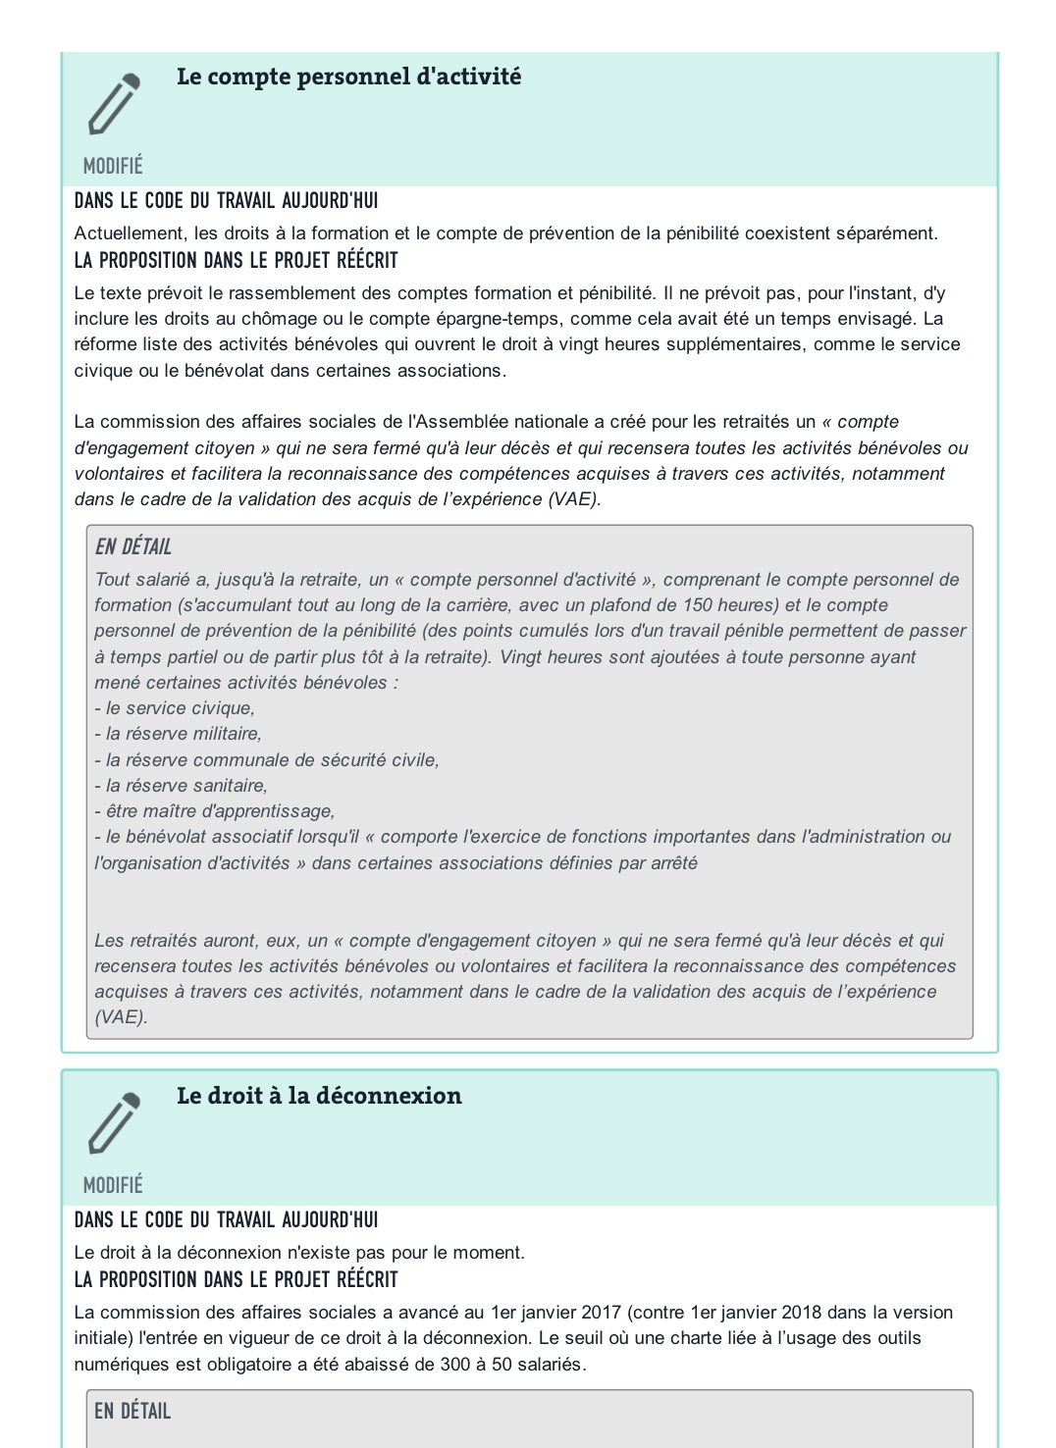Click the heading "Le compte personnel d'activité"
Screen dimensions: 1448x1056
[348, 77]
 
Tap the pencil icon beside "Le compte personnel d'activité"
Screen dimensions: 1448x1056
[114, 104]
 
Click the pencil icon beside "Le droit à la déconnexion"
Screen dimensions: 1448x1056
[114, 1122]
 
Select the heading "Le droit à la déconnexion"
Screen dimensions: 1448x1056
[319, 1096]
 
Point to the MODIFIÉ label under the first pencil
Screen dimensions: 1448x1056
[113, 166]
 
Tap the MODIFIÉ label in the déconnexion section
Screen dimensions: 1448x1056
[113, 1185]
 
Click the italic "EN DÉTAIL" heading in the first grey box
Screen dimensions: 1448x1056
[133, 547]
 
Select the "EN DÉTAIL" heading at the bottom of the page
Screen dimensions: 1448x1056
[132, 1411]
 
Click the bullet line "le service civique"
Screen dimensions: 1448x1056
[176, 708]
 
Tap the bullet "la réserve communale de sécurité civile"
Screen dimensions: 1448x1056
[268, 760]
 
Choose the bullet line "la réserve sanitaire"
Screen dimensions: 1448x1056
[183, 786]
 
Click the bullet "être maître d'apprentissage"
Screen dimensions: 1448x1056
[216, 811]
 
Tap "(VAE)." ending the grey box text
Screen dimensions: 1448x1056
[121, 1017]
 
